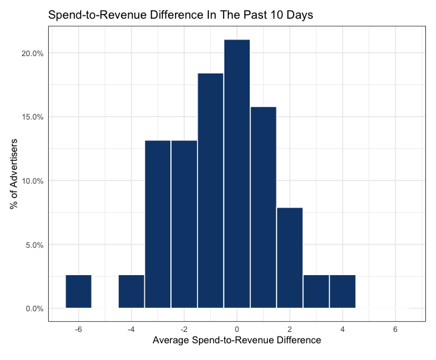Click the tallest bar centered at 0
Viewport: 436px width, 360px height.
pyautogui.click(x=237, y=174)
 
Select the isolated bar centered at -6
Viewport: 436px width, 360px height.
pyautogui.click(x=79, y=291)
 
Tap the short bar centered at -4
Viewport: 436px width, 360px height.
pyautogui.click(x=132, y=291)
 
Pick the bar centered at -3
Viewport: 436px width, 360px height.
pyautogui.click(x=158, y=224)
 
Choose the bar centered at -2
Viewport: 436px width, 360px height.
pyautogui.click(x=184, y=224)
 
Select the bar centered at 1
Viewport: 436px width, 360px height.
pyautogui.click(x=263, y=207)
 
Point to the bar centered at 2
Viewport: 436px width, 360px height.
pyautogui.click(x=290, y=258)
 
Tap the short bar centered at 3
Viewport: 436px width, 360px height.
pyautogui.click(x=316, y=291)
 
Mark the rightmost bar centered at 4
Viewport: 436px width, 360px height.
pyautogui.click(x=343, y=291)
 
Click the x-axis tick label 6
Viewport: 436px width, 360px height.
pyautogui.click(x=395, y=329)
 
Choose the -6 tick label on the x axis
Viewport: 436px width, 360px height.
pyautogui.click(x=77, y=329)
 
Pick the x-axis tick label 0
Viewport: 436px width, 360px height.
pyautogui.click(x=237, y=329)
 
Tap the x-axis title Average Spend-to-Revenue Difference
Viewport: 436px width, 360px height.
pyautogui.click(x=237, y=341)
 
